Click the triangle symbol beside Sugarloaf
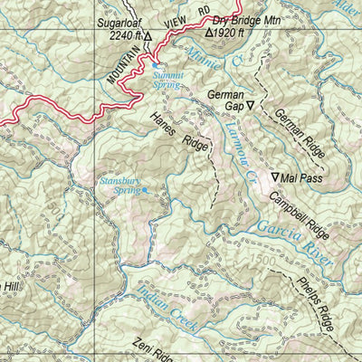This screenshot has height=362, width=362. (x=149, y=37)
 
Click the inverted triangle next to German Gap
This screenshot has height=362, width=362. (x=251, y=106)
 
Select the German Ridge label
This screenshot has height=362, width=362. (x=300, y=136)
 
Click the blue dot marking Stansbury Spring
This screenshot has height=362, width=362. (x=144, y=192)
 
